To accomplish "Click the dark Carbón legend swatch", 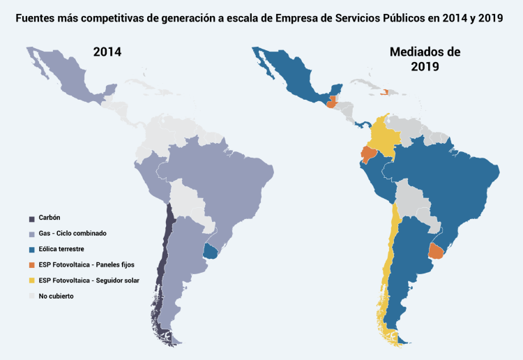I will click(x=32, y=218).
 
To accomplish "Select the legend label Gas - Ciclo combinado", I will click(x=73, y=233).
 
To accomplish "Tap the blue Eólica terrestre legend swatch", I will click(x=32, y=249).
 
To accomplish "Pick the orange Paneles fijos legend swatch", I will click(x=32, y=265).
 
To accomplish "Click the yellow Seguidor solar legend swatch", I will click(x=32, y=280).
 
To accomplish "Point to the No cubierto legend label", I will click(x=56, y=296).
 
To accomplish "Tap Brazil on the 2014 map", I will click(x=223, y=181).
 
